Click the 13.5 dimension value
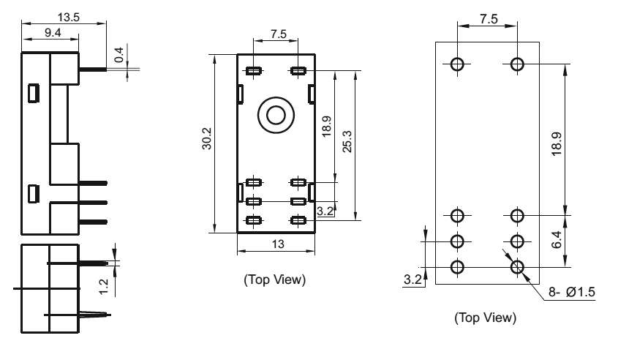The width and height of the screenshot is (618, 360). pos(69,18)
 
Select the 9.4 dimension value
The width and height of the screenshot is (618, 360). pos(53,33)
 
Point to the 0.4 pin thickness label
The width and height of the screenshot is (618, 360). pos(118,55)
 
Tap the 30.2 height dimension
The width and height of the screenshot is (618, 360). pos(206,138)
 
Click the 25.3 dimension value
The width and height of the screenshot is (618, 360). pos(347,141)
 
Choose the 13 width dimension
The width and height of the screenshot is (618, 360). pos(278,244)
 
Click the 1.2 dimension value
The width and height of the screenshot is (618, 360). pos(103,287)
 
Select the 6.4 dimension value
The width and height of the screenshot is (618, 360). pos(556,240)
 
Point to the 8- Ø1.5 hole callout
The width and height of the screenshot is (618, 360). pos(572,292)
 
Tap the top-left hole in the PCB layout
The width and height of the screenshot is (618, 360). pos(457,64)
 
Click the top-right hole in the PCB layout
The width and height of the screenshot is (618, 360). pos(517,64)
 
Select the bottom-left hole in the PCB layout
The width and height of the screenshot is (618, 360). pos(457,267)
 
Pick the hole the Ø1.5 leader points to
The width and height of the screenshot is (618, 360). pos(517,267)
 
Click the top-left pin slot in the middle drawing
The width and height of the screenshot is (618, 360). pos(254,71)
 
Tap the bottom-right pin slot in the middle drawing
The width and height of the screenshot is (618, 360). pos(298,220)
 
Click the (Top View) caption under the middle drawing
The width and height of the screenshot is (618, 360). pos(275,280)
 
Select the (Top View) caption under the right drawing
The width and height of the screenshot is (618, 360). pos(485,318)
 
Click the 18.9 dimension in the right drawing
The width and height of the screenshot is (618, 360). pos(556,144)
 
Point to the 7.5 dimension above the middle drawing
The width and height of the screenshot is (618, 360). pos(278,34)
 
